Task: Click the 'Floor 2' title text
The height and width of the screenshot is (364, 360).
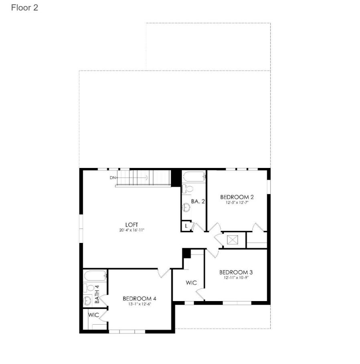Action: pos(24,8)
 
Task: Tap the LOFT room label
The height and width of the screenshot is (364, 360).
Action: pos(131,224)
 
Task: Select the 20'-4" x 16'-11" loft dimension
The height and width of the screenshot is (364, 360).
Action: pos(131,230)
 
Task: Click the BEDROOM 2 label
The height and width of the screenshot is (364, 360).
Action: pos(237,197)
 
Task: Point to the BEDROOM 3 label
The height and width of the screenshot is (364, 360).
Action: pos(236,272)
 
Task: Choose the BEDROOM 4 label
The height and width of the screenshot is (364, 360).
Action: pos(140,298)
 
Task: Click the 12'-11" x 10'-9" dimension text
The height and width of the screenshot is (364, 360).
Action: pos(236,277)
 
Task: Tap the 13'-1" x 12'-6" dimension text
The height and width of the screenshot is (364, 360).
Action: pos(140,304)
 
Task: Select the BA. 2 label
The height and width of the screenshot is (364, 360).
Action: pos(198,201)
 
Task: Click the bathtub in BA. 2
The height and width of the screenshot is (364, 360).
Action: pos(194,176)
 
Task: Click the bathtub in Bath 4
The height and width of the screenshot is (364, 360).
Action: pos(95,276)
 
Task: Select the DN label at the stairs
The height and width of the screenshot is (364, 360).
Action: pos(113,177)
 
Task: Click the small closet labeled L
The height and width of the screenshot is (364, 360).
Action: pos(186,226)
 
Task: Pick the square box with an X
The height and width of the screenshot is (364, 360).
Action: pos(233,240)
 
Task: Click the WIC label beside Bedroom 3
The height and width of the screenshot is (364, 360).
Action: pos(191,283)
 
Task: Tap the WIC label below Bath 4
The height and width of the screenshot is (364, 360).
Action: pos(93,315)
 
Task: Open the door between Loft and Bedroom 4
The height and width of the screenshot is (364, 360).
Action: pos(164,272)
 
